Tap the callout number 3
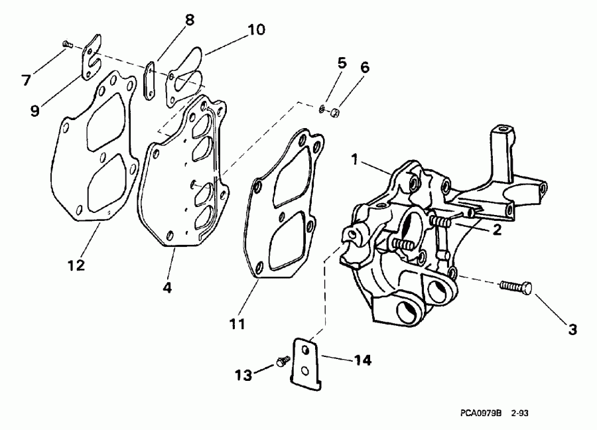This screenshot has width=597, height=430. (x=571, y=328)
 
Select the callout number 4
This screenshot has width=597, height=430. (x=168, y=289)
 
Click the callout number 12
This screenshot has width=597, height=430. (x=76, y=265)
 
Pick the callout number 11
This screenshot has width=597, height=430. (x=237, y=324)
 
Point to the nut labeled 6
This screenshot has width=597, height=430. (x=335, y=115)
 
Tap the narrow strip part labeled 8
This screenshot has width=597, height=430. (x=151, y=82)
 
